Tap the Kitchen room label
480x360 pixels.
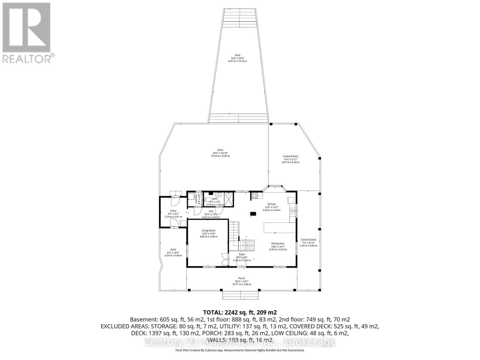[271, 204]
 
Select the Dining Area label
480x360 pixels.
[277, 244]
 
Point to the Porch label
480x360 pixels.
[242, 278]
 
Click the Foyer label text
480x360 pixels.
[242, 254]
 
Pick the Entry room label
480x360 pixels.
[173, 211]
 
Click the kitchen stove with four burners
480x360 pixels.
[254, 196]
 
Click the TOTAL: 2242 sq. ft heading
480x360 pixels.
[238, 313]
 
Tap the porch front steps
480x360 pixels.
[241, 295]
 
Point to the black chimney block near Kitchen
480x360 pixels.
[253, 214]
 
